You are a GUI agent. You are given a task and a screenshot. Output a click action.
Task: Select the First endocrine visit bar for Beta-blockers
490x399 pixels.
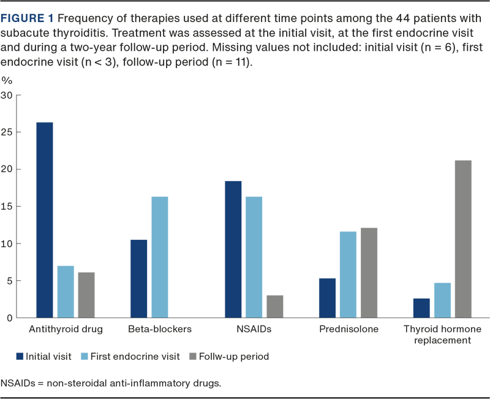159,256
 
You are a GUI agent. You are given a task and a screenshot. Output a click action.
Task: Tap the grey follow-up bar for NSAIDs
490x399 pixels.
274,306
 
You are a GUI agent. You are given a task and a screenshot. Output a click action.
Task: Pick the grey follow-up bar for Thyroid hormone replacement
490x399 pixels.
463,238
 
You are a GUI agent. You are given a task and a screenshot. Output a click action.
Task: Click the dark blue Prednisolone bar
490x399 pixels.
328,297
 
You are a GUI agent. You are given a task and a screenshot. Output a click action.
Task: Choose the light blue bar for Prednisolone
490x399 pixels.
348,274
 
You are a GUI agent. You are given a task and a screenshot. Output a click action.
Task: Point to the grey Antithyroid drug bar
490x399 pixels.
86,294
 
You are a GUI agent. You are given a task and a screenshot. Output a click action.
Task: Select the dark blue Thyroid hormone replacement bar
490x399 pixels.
421,307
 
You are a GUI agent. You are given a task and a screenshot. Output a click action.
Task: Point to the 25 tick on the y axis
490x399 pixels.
9,132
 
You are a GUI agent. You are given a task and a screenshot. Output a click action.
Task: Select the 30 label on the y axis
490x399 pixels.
9,95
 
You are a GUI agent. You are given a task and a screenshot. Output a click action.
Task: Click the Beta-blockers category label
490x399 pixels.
160,329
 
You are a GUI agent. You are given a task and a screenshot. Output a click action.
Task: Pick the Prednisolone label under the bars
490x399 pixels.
349,329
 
